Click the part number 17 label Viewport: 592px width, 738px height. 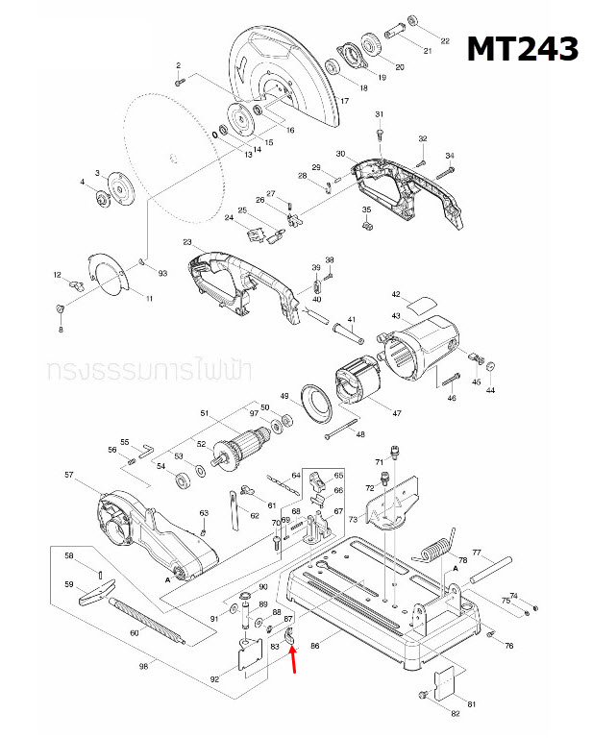(x=344, y=100)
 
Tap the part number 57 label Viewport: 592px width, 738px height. (x=68, y=476)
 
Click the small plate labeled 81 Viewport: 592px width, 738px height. (x=445, y=684)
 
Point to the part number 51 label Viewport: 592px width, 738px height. (x=204, y=414)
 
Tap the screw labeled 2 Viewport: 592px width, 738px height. (x=179, y=83)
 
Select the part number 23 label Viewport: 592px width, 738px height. (x=187, y=242)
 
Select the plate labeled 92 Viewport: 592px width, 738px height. (x=252, y=656)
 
